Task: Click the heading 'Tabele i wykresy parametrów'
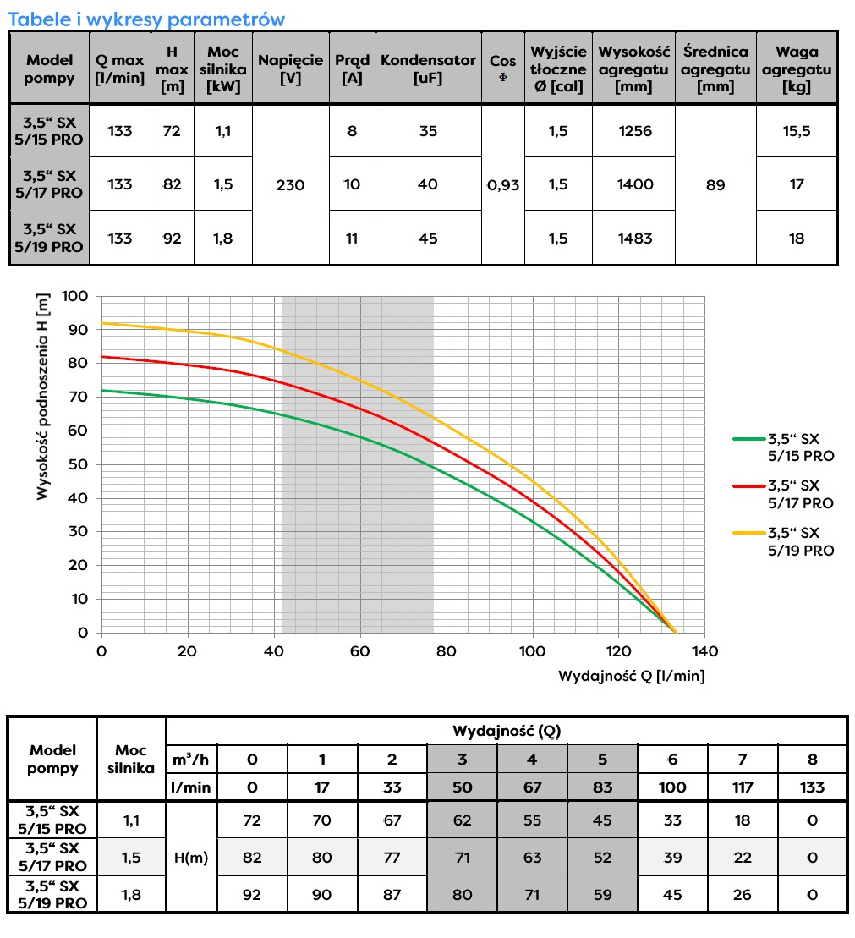click(x=146, y=19)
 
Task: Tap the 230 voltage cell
click(x=290, y=184)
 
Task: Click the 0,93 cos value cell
click(x=503, y=184)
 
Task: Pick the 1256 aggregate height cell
click(x=634, y=131)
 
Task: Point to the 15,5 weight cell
click(x=797, y=131)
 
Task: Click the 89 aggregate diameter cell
click(x=715, y=184)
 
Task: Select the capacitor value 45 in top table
click(x=428, y=239)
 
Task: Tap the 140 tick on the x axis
click(x=704, y=651)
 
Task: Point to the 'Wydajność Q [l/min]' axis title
click(x=631, y=676)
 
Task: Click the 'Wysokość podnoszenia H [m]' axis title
click(x=43, y=396)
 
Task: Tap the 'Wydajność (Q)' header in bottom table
click(x=506, y=730)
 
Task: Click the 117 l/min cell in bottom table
click(x=742, y=787)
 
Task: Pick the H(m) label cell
click(x=192, y=857)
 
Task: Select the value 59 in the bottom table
click(x=602, y=895)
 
